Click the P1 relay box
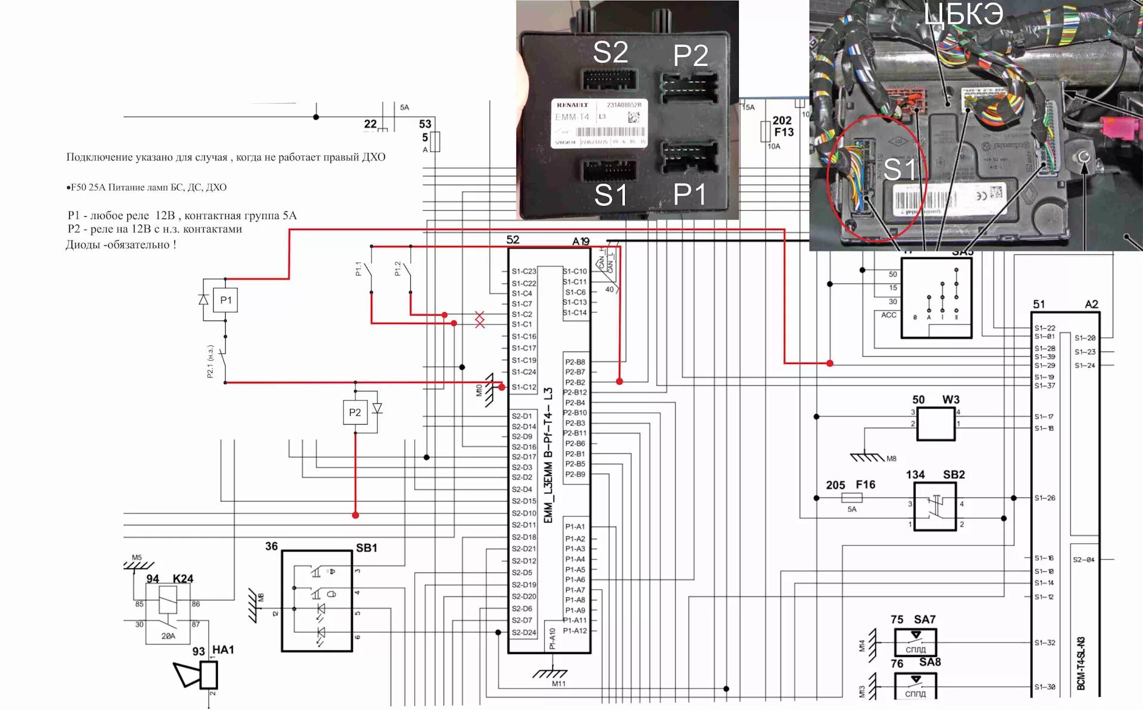click(x=226, y=300)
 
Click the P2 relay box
click(x=355, y=412)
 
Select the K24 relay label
click(x=183, y=578)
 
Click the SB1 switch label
click(x=366, y=547)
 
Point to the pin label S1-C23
click(x=524, y=271)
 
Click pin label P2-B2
click(x=575, y=382)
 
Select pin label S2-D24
click(x=524, y=633)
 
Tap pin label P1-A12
click(x=575, y=631)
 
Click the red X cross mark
click(x=480, y=319)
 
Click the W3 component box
click(x=936, y=424)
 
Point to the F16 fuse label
click(x=866, y=484)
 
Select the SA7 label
click(x=925, y=619)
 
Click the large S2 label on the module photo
click(x=610, y=52)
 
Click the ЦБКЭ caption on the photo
click(x=963, y=14)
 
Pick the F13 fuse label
click(x=784, y=132)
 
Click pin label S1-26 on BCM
click(x=1045, y=498)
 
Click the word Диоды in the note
click(x=83, y=245)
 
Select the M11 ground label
click(x=558, y=684)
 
